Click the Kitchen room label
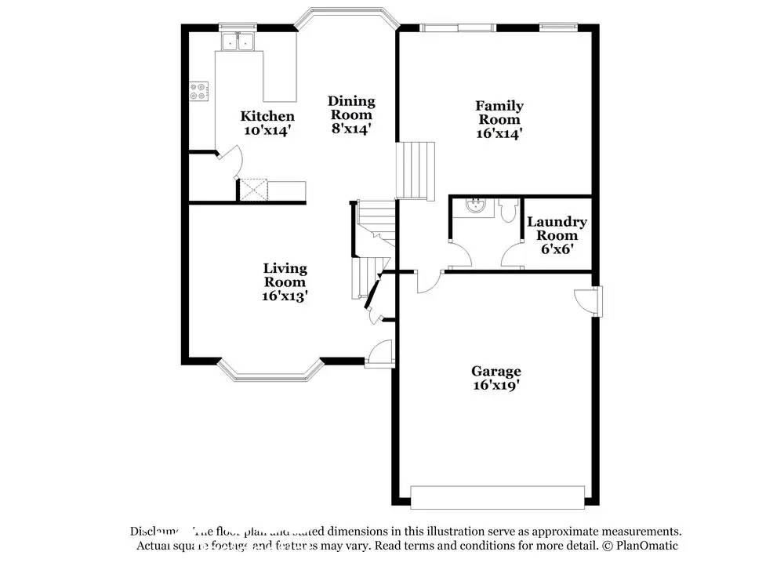267,117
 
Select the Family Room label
499,113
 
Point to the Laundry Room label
557,229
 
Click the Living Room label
285,275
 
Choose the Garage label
495,372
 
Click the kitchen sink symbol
238,42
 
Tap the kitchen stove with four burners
199,92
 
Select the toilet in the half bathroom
506,211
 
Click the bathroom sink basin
475,207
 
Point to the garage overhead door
499,496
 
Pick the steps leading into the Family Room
415,169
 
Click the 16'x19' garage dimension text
495,385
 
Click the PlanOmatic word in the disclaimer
647,545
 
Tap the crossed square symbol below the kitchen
253,190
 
